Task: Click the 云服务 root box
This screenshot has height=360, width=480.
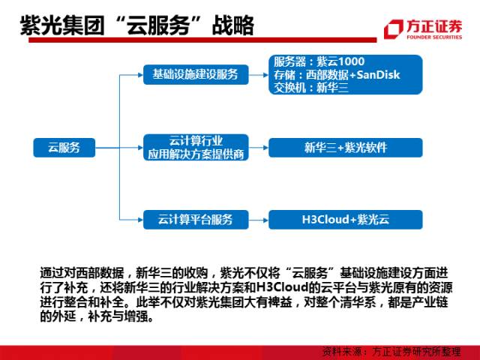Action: pyautogui.click(x=64, y=147)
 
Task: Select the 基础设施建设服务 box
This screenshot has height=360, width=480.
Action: pyautogui.click(x=195, y=73)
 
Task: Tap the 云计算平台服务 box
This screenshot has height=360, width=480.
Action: pyautogui.click(x=195, y=220)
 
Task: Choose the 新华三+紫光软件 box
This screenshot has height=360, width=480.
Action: pyautogui.click(x=346, y=147)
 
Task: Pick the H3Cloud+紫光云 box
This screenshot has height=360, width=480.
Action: pyautogui.click(x=346, y=220)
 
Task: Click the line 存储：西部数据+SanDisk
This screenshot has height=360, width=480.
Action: pyautogui.click(x=337, y=74)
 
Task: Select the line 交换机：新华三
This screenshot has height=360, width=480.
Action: pyautogui.click(x=307, y=87)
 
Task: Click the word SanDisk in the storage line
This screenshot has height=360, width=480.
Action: pyautogui.click(x=378, y=74)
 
